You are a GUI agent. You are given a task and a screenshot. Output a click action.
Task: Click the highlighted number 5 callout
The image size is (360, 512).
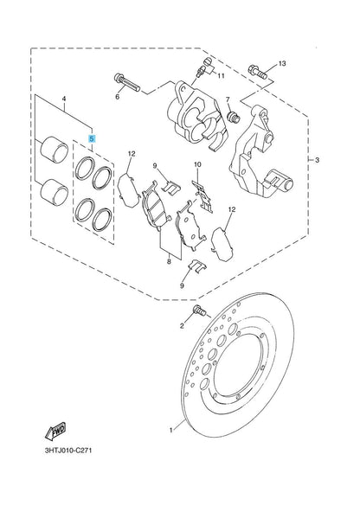93,138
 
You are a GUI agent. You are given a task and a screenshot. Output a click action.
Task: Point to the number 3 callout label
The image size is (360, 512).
318,162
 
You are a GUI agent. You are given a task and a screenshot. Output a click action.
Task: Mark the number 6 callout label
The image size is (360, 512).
117,98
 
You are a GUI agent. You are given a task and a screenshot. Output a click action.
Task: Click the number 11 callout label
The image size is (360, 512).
221,76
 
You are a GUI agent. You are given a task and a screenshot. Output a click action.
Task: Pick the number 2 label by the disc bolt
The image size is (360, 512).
183,326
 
